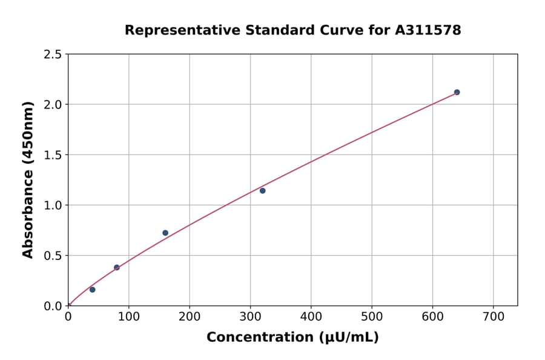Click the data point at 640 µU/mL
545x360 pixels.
[457, 92]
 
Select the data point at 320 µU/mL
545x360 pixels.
[262, 191]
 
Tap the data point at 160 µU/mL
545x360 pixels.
[165, 233]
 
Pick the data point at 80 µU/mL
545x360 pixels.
[117, 267]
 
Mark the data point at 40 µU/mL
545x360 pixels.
[93, 290]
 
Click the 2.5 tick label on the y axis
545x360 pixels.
[53, 55]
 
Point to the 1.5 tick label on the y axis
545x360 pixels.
[53, 155]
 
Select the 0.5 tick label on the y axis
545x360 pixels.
[53, 256]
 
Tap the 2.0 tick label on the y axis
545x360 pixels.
[53, 105]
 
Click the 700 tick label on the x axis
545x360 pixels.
[493, 317]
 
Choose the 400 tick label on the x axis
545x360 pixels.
[311, 317]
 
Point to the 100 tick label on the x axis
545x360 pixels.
[128, 317]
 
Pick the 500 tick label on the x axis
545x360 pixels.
[372, 317]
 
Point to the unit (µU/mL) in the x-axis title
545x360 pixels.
[348, 338]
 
